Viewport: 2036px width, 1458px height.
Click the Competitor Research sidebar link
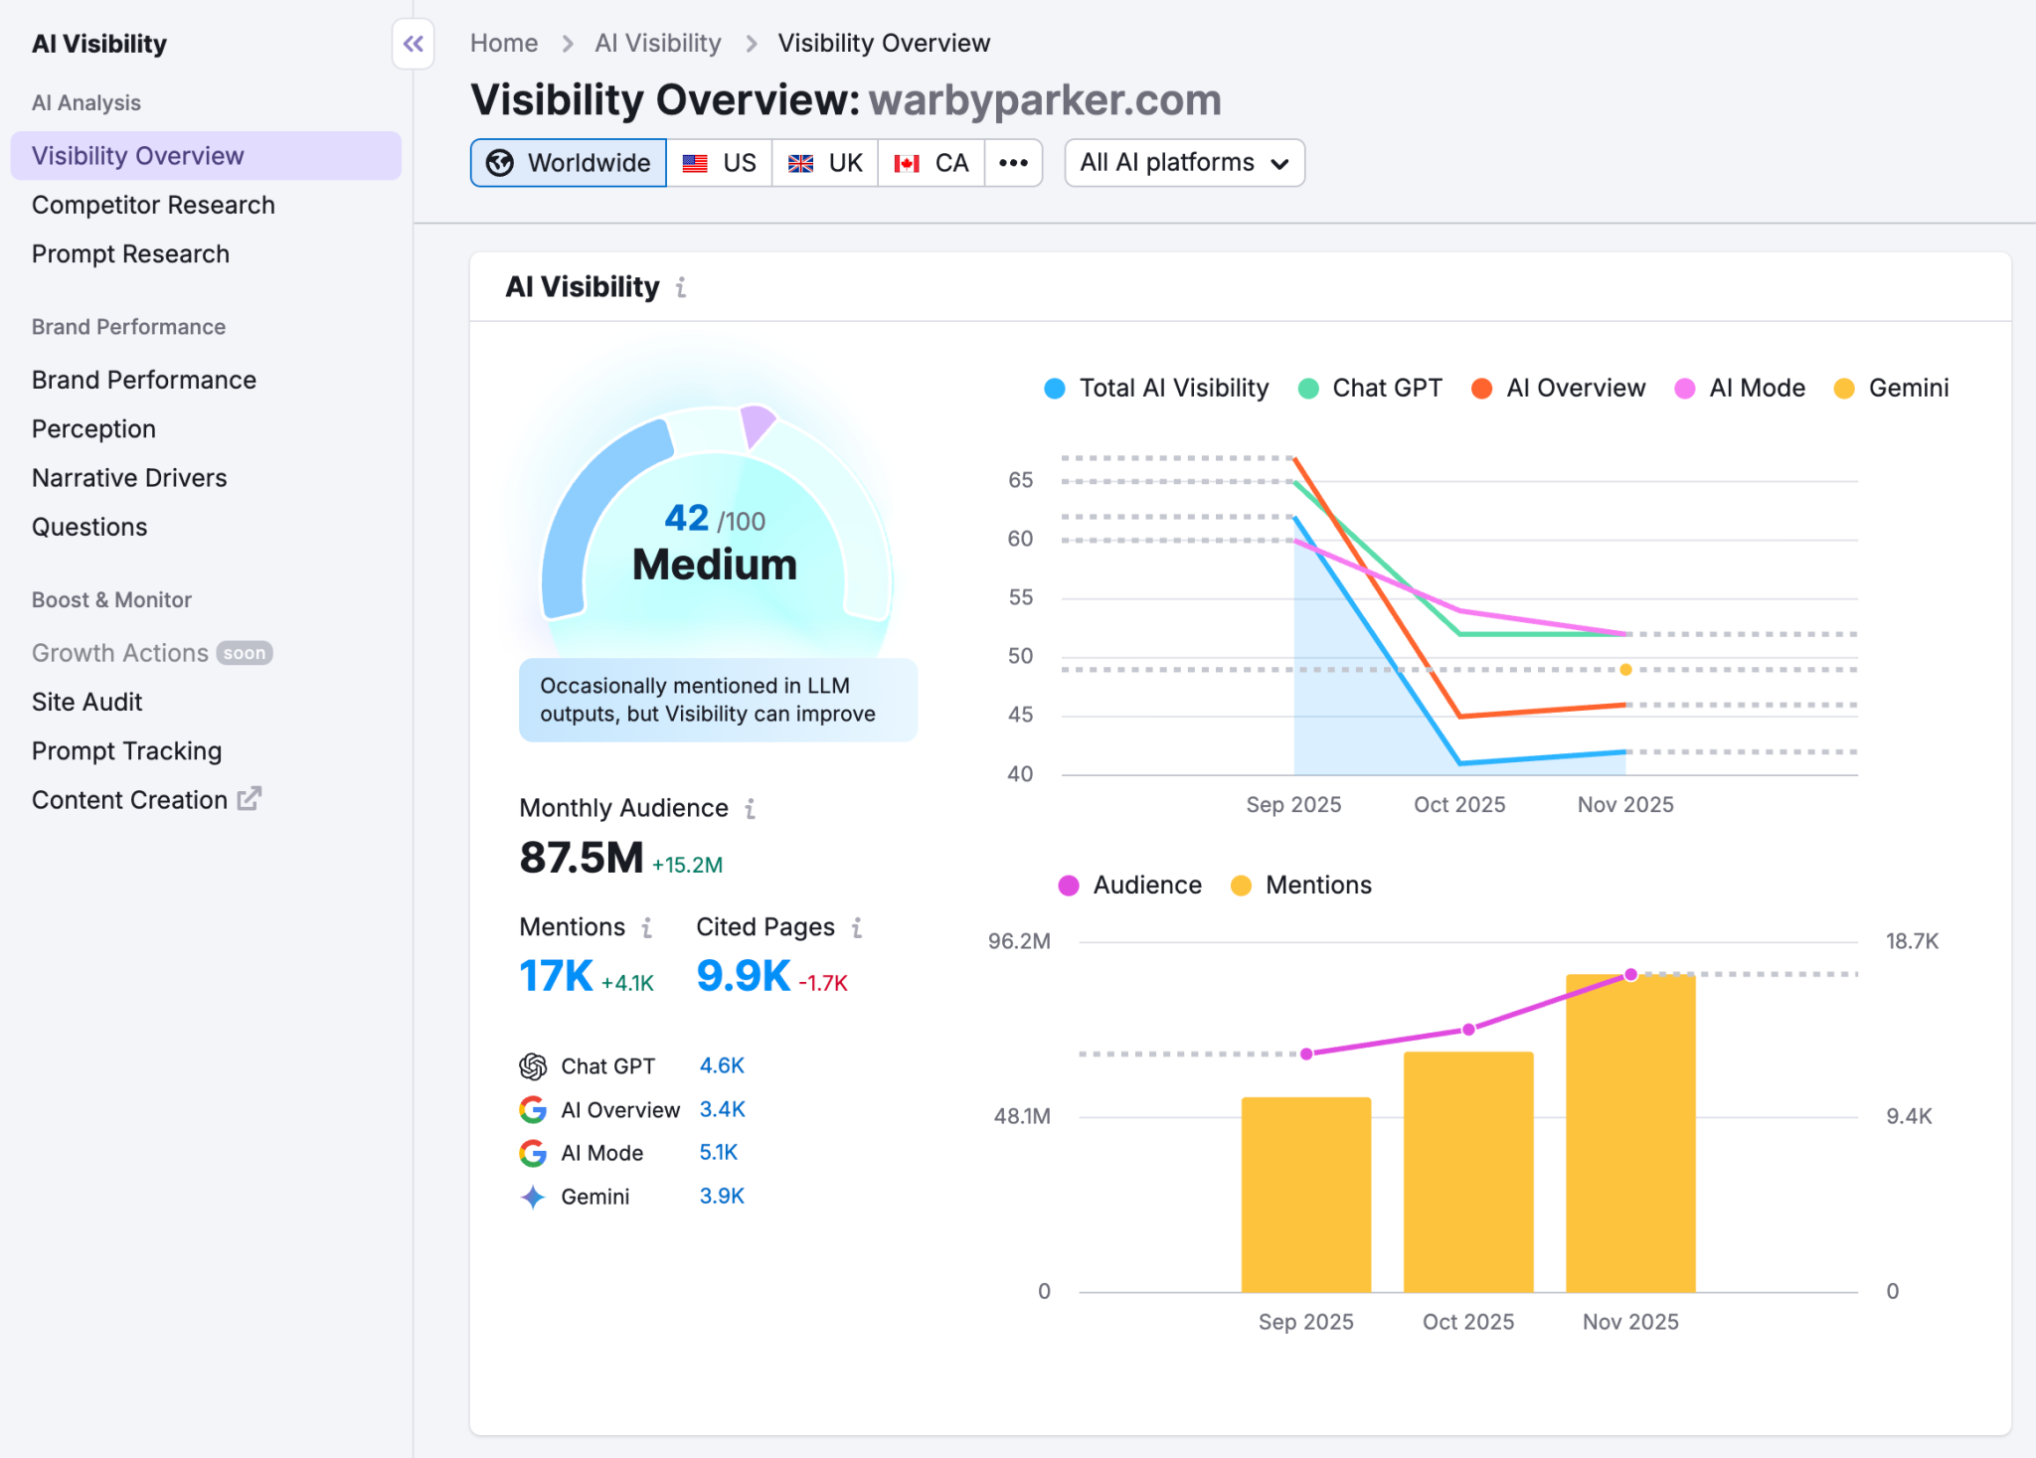(x=153, y=205)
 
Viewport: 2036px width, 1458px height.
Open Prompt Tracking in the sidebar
(x=126, y=750)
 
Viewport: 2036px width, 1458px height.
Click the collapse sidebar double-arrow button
(x=414, y=44)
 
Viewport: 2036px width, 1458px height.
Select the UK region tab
(x=825, y=163)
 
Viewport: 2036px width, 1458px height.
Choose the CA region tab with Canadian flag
(x=932, y=163)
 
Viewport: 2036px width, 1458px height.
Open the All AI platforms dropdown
(x=1184, y=163)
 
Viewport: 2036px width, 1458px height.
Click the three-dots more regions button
(x=1013, y=163)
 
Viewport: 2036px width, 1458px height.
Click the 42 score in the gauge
(x=686, y=518)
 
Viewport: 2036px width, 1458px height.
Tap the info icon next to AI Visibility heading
(x=681, y=287)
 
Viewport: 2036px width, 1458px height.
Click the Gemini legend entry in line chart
(x=1892, y=388)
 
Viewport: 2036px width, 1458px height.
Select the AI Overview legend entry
(x=1559, y=388)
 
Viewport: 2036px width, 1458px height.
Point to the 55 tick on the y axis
(x=1020, y=597)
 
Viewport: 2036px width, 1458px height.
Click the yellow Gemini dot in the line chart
(x=1625, y=670)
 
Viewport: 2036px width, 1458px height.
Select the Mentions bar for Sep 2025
(x=1305, y=1193)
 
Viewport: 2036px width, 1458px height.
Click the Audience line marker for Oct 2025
(x=1468, y=1030)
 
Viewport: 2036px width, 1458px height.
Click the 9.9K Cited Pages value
(x=743, y=976)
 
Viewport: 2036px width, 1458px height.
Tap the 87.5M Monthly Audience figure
(x=582, y=857)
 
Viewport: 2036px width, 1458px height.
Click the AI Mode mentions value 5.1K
(x=718, y=1152)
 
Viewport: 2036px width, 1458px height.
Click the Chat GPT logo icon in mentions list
(x=533, y=1066)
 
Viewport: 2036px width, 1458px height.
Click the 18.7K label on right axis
(x=1912, y=941)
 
